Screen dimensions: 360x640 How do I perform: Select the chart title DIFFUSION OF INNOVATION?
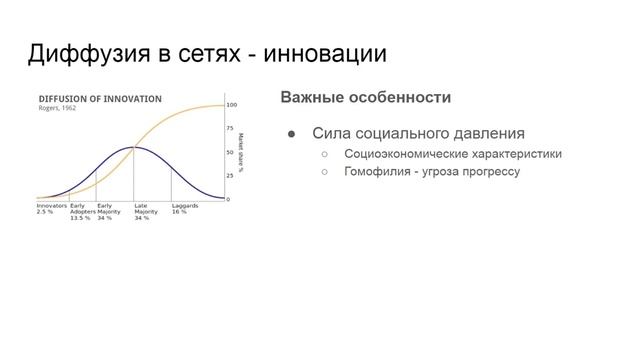[x=99, y=99]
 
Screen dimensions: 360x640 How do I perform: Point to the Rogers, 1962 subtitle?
[x=57, y=108]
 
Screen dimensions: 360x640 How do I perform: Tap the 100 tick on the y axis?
[x=231, y=104]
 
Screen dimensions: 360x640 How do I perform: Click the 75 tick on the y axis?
[x=230, y=128]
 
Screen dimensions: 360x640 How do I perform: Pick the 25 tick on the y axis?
[x=230, y=175]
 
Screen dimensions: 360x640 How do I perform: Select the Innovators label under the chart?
[x=52, y=205]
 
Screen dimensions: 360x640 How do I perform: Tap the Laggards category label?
[x=185, y=205]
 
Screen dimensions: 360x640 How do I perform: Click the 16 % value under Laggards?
[x=179, y=211]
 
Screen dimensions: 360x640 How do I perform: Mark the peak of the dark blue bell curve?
[x=134, y=148]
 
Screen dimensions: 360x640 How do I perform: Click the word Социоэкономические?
[x=408, y=154]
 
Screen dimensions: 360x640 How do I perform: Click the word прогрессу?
[x=488, y=171]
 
